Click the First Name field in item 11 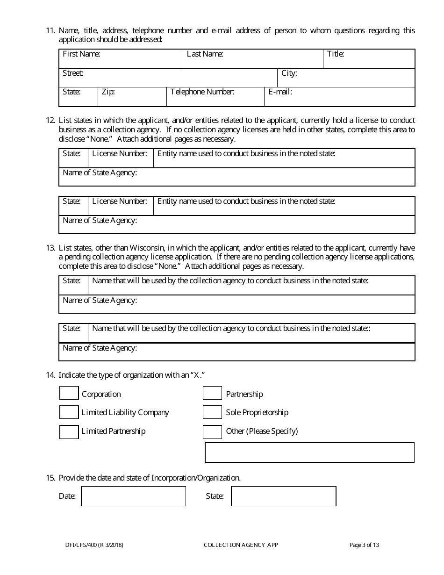coord(121,59)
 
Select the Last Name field coord(252,59)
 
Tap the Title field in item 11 coord(369,59)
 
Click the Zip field coord(132,97)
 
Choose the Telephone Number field coord(215,97)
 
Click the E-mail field coord(340,97)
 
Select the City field coord(346,78)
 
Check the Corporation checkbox coord(69,394)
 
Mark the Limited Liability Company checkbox coord(69,412)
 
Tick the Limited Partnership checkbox coord(69,432)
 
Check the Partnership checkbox coord(212,394)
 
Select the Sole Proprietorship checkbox coord(212,412)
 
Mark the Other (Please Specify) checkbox coord(212,432)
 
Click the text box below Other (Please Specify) coord(310,453)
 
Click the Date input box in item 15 coord(134,496)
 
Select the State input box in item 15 coord(284,496)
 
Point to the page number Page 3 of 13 coord(364,545)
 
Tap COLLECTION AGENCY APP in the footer coord(241,545)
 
